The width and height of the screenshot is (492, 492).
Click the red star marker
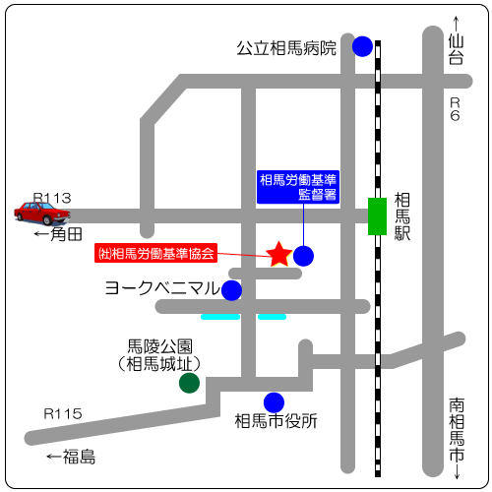click(x=279, y=254)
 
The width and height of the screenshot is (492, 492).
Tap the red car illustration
click(x=42, y=213)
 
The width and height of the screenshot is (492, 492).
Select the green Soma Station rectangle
click(x=377, y=216)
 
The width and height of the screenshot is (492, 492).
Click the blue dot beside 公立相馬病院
click(x=362, y=46)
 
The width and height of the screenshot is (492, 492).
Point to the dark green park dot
click(x=189, y=383)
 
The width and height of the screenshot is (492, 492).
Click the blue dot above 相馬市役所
click(x=274, y=402)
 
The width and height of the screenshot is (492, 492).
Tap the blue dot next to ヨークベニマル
click(x=231, y=290)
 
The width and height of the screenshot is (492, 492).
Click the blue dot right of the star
click(x=303, y=256)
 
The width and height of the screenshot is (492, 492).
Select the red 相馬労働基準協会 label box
click(x=156, y=253)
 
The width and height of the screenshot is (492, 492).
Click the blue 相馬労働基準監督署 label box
click(x=298, y=187)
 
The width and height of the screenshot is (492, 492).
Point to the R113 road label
click(x=52, y=198)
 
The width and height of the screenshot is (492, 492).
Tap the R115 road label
click(x=63, y=413)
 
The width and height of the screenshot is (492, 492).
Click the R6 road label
click(x=455, y=109)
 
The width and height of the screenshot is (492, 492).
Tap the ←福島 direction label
click(x=71, y=457)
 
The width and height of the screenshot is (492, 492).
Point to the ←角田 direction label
click(x=58, y=234)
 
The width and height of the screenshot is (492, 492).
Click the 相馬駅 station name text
click(x=402, y=216)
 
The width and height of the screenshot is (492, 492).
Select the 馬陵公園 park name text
click(x=159, y=346)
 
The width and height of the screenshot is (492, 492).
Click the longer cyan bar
click(x=220, y=317)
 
